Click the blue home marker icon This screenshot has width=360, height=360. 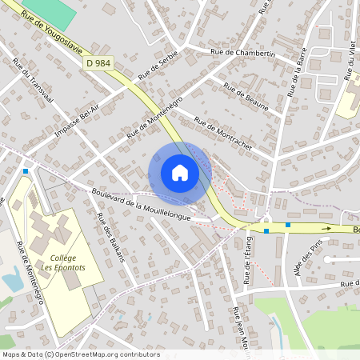click(x=180, y=173)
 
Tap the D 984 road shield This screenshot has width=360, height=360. click(x=98, y=62)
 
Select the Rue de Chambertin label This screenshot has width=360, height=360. click(x=243, y=54)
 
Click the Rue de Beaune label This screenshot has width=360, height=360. click(x=245, y=97)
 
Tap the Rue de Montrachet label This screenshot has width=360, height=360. click(x=223, y=133)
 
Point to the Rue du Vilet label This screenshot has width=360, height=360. click(x=350, y=60)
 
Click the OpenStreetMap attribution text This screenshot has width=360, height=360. click(x=81, y=354)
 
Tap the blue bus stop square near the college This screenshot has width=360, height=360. click(x=26, y=170)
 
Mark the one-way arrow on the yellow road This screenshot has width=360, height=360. click(x=326, y=228)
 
